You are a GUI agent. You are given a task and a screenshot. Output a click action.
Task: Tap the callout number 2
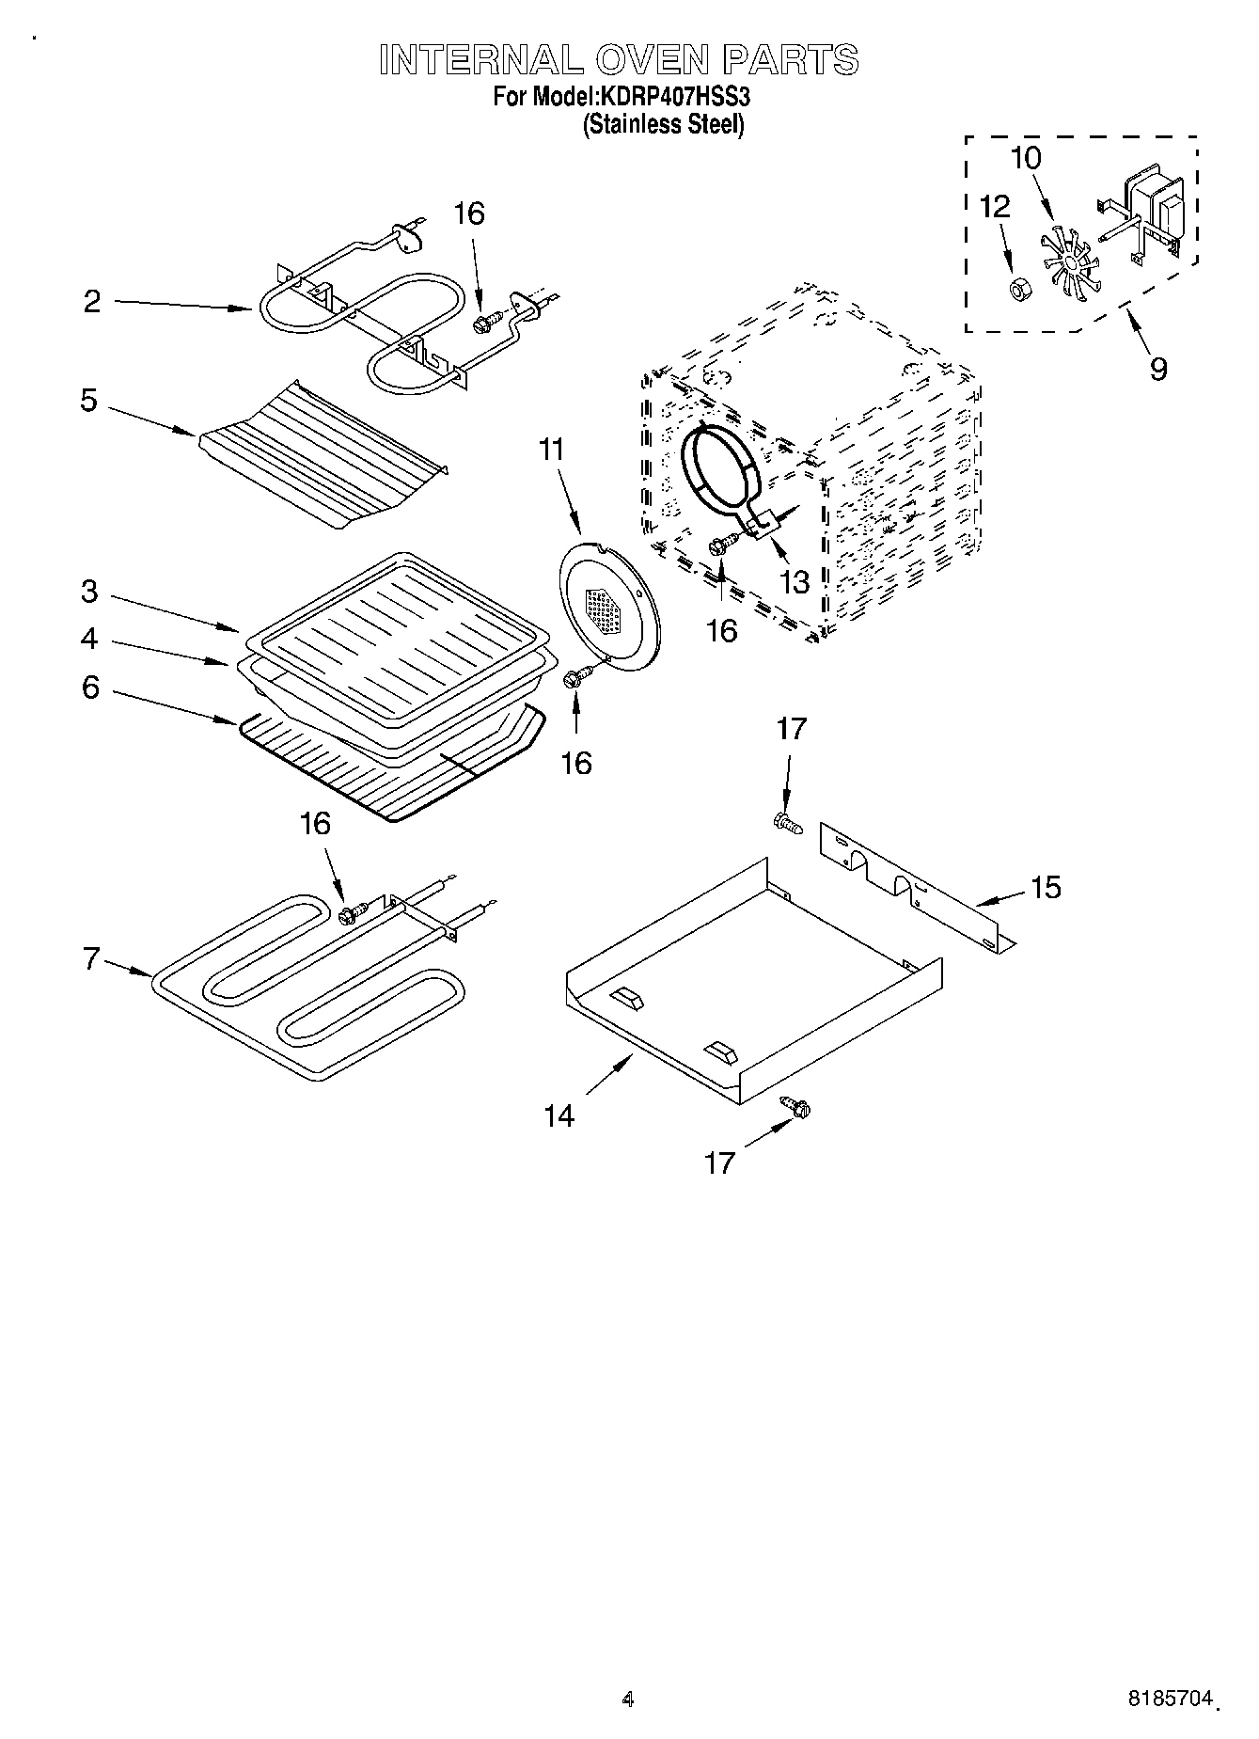pyautogui.click(x=91, y=303)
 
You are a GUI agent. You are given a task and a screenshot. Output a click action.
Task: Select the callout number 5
pyautogui.click(x=88, y=402)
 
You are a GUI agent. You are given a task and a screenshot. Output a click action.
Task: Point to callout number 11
pyautogui.click(x=552, y=451)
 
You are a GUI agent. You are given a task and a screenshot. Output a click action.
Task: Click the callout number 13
pyautogui.click(x=795, y=582)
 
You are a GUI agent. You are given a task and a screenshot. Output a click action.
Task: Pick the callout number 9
pyautogui.click(x=1157, y=368)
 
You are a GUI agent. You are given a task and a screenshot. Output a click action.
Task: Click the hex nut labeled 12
pyautogui.click(x=1016, y=288)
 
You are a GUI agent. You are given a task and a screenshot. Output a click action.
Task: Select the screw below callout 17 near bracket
pyautogui.click(x=787, y=824)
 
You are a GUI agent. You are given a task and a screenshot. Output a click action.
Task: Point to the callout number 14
pyautogui.click(x=559, y=1115)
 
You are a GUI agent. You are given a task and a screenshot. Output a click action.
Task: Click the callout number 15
pyautogui.click(x=1046, y=887)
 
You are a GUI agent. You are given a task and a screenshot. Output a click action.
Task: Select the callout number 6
pyautogui.click(x=90, y=688)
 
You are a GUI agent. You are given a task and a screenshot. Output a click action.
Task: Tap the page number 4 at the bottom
pyautogui.click(x=628, y=1699)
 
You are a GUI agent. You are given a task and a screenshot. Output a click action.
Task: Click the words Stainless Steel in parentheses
pyautogui.click(x=664, y=125)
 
